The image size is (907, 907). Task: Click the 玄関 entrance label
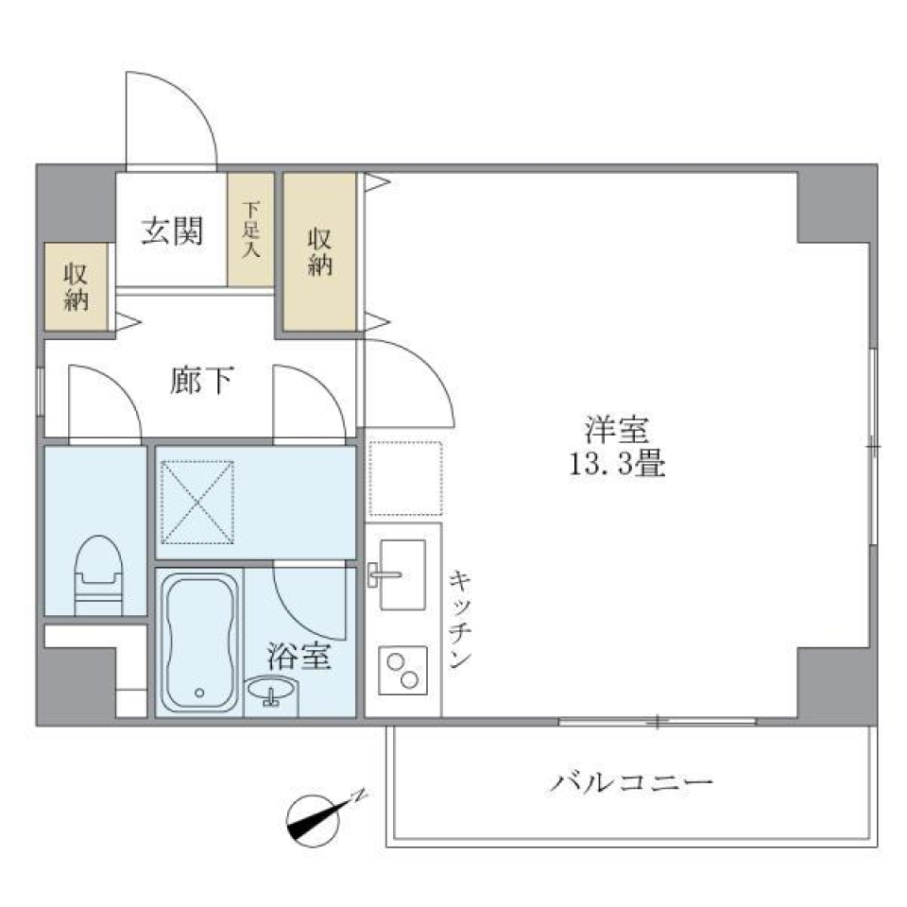coord(172,231)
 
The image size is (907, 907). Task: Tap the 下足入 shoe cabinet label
coord(250,230)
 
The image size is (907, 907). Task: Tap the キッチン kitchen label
coord(460,619)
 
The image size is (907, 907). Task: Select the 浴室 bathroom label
coord(299,657)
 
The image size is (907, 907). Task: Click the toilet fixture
coord(98,573)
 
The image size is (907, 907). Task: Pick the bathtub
coord(199,642)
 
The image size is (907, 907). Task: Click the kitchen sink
coord(401,574)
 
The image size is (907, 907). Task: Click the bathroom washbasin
coord(270,694)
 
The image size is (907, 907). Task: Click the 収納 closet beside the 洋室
coord(320,252)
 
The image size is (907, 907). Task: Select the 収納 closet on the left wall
coord(77,287)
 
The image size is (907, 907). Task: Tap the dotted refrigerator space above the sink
coord(404,479)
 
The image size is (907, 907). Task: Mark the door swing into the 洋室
coord(406,383)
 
